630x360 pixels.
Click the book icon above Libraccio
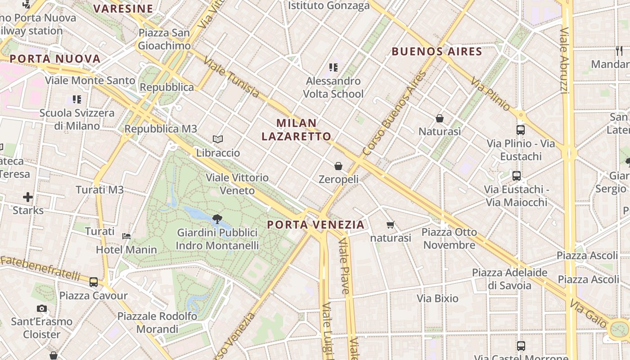(x=218, y=139)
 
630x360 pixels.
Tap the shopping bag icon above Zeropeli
(x=338, y=166)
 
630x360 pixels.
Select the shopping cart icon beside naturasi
(x=390, y=225)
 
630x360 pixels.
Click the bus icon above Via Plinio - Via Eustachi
(x=521, y=130)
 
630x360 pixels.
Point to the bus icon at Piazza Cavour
(x=94, y=282)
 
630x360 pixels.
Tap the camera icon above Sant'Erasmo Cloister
(x=42, y=308)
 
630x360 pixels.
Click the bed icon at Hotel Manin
(x=127, y=236)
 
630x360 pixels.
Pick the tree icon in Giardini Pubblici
(x=217, y=219)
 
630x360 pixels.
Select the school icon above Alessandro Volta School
(x=333, y=67)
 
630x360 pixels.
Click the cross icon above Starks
(x=28, y=197)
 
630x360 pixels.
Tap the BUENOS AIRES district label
(x=437, y=51)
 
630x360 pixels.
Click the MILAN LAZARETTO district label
(x=297, y=130)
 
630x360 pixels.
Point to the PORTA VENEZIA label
(x=315, y=224)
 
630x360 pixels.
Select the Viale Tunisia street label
(x=231, y=77)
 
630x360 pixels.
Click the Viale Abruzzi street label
(x=565, y=61)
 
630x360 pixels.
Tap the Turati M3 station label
(x=99, y=189)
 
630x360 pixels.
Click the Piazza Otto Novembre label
(x=449, y=238)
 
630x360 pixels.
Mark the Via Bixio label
(x=437, y=298)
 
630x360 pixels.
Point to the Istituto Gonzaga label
(x=328, y=5)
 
